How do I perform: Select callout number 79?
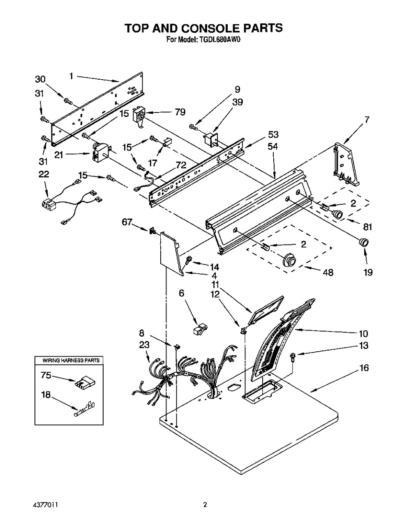tap(180, 112)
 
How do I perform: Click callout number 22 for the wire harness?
tap(44, 174)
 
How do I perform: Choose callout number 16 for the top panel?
tap(364, 368)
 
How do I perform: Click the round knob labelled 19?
tap(363, 242)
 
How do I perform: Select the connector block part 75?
tap(83, 383)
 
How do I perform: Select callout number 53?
tap(273, 134)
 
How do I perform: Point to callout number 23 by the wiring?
tap(144, 346)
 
